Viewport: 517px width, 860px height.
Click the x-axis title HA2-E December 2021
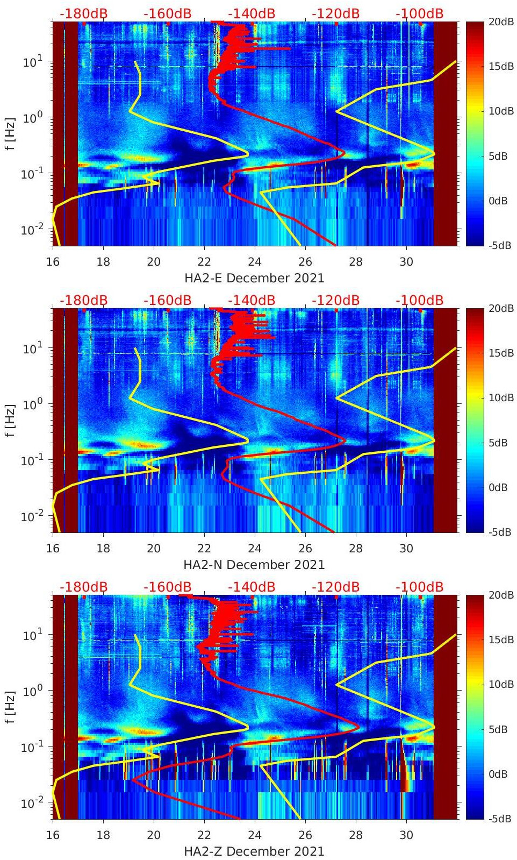click(254, 278)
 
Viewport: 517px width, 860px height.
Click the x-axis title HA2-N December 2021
click(254, 565)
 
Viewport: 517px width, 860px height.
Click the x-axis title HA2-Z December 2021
click(254, 851)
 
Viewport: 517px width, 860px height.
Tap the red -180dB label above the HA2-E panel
click(83, 13)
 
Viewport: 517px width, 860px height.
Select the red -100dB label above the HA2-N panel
click(419, 300)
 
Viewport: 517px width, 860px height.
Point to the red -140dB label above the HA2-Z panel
click(251, 587)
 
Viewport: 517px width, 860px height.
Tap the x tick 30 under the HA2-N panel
click(406, 549)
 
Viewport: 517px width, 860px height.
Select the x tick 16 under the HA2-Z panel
click(53, 835)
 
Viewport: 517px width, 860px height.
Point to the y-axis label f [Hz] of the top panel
click(10, 133)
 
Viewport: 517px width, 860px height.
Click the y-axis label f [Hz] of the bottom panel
click(10, 707)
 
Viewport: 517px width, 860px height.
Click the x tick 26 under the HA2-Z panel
click(305, 835)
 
